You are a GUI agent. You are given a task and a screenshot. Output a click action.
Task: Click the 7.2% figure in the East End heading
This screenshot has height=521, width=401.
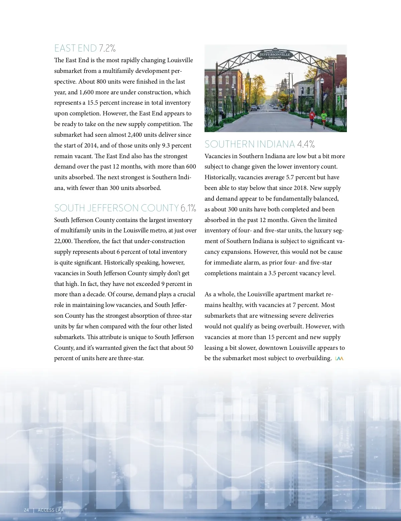[x=107, y=48]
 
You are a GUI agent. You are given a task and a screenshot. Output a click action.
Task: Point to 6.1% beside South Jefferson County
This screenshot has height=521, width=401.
[x=188, y=208]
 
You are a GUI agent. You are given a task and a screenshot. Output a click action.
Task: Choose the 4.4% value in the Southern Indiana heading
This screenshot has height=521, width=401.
[x=306, y=144]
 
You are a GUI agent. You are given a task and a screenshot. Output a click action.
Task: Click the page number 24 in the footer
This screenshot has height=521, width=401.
[x=26, y=510]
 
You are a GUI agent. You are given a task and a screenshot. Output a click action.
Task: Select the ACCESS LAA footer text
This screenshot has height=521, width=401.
[x=50, y=510]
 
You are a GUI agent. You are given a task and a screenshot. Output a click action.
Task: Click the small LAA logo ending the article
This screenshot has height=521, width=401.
[x=339, y=358]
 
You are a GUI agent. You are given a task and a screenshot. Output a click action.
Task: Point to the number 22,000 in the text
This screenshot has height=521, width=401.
[x=62, y=241]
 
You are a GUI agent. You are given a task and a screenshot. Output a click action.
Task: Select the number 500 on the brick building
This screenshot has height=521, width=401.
[x=227, y=73]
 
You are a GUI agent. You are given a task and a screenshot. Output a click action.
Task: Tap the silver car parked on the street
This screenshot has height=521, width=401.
[x=254, y=108]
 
